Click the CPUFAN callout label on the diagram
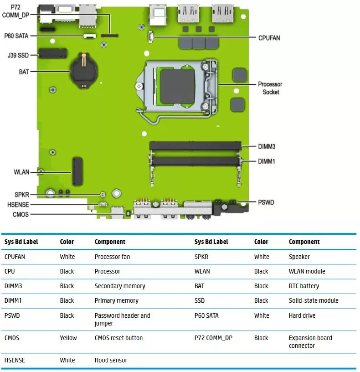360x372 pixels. (269, 38)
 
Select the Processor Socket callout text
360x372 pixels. (270, 88)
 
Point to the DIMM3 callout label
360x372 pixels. (266, 146)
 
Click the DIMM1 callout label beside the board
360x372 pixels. (266, 161)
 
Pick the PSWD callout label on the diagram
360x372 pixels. (266, 202)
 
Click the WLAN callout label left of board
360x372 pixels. (21, 172)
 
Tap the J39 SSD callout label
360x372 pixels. (18, 55)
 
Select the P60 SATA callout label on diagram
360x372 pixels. (16, 36)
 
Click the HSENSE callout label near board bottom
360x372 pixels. (18, 205)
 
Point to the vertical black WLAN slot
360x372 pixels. (77, 171)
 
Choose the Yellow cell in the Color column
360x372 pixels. (68, 338)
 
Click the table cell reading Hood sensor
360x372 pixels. (111, 360)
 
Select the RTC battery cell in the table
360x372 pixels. (304, 286)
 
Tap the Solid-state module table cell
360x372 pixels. (314, 300)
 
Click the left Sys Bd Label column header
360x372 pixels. (21, 242)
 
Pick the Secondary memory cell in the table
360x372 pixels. (120, 286)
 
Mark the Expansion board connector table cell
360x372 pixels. (310, 341)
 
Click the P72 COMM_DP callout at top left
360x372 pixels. (15, 11)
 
